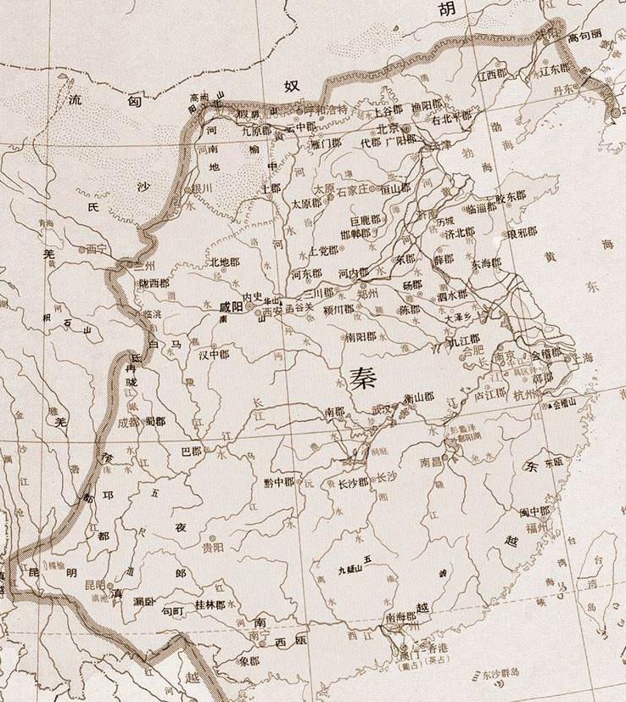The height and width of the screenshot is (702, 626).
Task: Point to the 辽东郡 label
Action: (x=555, y=72)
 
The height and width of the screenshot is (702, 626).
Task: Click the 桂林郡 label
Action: (x=210, y=604)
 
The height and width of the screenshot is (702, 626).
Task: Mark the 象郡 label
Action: (x=249, y=660)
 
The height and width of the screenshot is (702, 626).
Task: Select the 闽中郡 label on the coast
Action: (x=535, y=511)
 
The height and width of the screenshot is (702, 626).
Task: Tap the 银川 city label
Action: (x=201, y=187)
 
